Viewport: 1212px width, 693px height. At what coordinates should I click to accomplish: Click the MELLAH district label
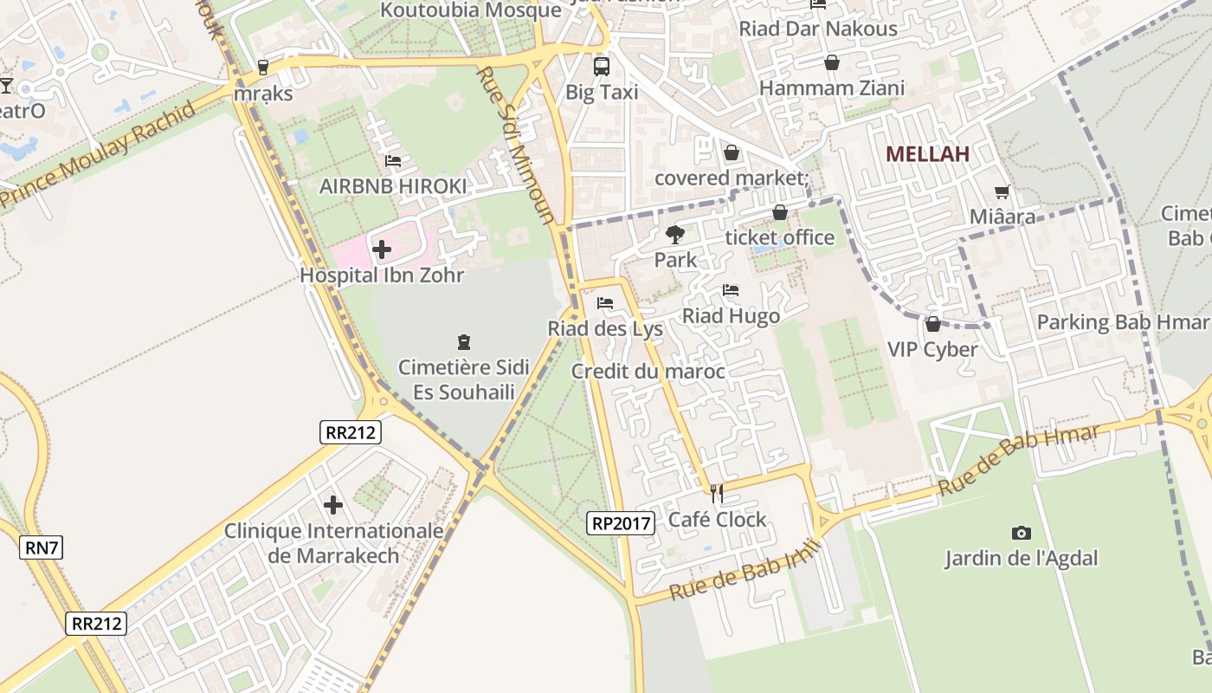927,154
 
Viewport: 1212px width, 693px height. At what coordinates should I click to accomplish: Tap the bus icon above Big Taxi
601,66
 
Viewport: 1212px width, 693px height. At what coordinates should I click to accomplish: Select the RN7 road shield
42,547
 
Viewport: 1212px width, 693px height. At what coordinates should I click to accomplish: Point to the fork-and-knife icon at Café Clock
717,493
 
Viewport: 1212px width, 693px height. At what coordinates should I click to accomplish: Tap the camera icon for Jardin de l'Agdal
1021,533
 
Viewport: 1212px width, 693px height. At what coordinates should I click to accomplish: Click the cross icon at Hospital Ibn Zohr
381,249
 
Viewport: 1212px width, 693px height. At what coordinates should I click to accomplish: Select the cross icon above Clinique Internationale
333,504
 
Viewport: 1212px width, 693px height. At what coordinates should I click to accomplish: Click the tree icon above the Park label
674,234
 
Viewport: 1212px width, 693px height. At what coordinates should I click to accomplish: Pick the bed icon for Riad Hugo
731,290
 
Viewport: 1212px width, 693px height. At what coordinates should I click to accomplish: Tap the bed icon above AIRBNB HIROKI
392,161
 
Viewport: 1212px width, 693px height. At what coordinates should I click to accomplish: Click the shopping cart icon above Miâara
1002,191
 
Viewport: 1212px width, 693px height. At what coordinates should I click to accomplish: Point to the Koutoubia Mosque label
471,10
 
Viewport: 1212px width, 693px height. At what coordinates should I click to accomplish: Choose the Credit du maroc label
648,372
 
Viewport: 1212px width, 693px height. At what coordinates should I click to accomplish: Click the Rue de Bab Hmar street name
1019,460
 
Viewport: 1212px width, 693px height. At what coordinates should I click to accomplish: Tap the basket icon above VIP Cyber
932,324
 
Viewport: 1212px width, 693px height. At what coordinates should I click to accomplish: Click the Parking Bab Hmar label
1122,322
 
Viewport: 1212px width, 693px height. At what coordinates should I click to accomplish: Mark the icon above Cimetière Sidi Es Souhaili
463,341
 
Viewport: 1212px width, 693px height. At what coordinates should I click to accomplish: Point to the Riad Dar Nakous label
817,29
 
